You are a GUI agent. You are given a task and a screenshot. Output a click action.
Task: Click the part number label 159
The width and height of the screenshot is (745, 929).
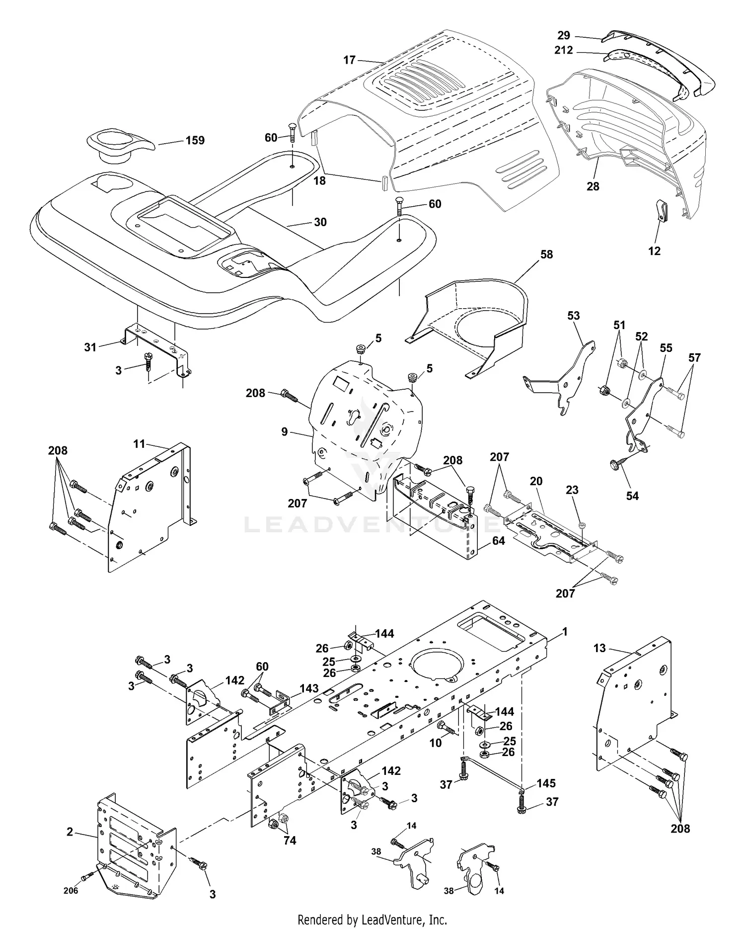(x=195, y=140)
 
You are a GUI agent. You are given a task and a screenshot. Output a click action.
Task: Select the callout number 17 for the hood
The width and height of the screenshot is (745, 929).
(x=349, y=60)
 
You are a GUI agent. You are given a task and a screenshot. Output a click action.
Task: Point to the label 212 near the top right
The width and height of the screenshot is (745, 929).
(x=563, y=50)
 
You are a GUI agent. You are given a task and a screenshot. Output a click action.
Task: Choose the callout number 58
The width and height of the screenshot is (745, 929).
(x=546, y=254)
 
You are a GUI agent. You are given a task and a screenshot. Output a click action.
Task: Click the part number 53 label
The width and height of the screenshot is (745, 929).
(x=573, y=316)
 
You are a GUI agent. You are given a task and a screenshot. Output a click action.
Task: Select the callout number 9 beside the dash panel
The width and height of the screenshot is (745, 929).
(x=285, y=431)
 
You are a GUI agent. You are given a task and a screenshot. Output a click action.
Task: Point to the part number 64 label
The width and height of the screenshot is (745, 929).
(x=498, y=541)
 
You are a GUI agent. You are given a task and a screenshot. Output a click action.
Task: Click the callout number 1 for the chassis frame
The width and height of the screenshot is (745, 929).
(x=564, y=632)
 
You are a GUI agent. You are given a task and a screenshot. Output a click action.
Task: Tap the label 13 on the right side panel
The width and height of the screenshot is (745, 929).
(x=599, y=648)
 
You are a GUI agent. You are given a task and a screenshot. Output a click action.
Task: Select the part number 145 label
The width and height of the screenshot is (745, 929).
(x=546, y=783)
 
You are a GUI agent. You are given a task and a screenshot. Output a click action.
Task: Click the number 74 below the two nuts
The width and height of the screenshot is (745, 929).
(x=290, y=840)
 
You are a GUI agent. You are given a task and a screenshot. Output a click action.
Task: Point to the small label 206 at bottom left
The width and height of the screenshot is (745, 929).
(x=71, y=890)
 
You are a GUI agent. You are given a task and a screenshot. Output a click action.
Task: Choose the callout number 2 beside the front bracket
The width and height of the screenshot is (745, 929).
(x=70, y=832)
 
